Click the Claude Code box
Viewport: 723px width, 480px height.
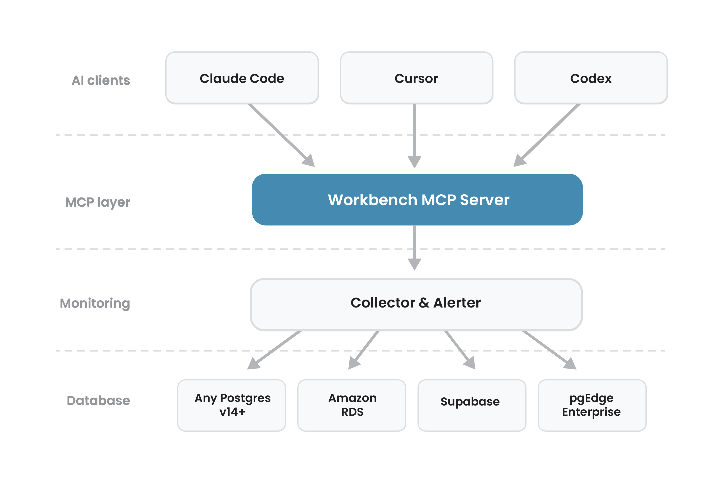click(242, 78)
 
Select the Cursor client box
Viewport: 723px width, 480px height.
click(416, 78)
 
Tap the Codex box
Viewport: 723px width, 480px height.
click(591, 78)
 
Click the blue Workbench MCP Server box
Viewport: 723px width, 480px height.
click(417, 200)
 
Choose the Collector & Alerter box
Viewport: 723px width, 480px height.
click(416, 304)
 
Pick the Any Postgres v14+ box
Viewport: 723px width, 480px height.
click(232, 405)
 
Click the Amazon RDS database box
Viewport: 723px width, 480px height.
click(352, 405)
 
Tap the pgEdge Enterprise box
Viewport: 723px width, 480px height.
click(592, 405)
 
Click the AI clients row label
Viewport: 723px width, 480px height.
click(101, 80)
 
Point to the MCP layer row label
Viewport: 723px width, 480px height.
click(98, 202)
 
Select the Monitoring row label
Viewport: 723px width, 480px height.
click(95, 303)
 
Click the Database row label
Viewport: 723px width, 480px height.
click(98, 401)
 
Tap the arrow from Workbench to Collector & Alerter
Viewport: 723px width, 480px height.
click(414, 245)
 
